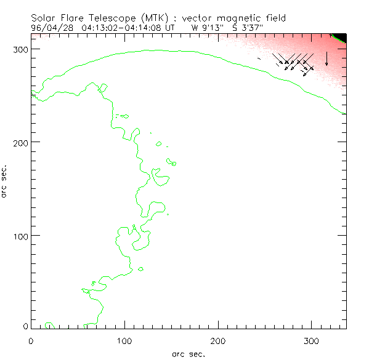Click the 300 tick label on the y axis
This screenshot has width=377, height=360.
coord(20,49)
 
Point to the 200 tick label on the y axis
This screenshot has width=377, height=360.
coord(20,142)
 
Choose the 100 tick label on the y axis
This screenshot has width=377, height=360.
coord(20,236)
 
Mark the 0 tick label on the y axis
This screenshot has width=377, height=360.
coord(25,326)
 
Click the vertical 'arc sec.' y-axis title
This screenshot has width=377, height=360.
coord(6,180)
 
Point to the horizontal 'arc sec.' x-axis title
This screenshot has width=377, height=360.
coord(188,353)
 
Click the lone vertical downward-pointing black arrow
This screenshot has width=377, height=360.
coord(326,58)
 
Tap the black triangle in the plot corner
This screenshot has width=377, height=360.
coord(341,37)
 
